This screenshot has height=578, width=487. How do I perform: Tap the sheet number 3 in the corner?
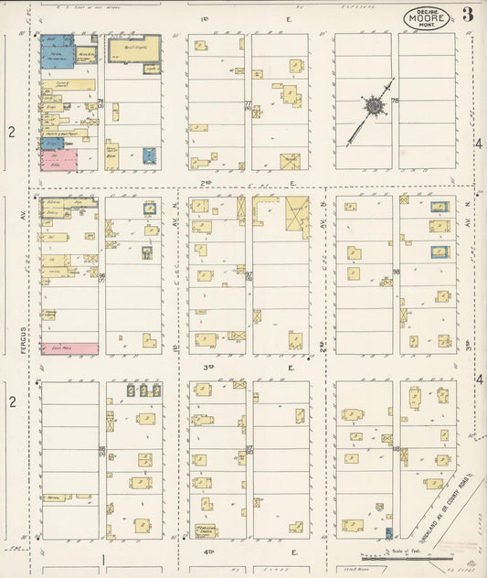coord(468,15)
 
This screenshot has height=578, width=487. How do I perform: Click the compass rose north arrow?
coord(374,108)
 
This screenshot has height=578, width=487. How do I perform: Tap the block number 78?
coord(395,102)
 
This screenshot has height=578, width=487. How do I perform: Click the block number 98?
coord(396,273)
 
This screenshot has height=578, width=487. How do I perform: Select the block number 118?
coord(396,448)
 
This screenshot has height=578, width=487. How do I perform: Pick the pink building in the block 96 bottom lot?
coord(69,348)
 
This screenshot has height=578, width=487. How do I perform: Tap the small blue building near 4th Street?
coord(388,532)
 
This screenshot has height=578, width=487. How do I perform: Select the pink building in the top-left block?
coord(58,162)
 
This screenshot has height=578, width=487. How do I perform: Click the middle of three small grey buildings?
coord(143,390)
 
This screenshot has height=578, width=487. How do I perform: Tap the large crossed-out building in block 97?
coord(297,218)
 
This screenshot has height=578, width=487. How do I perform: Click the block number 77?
coord(248,103)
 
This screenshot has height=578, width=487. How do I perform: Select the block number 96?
coord(101,277)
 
